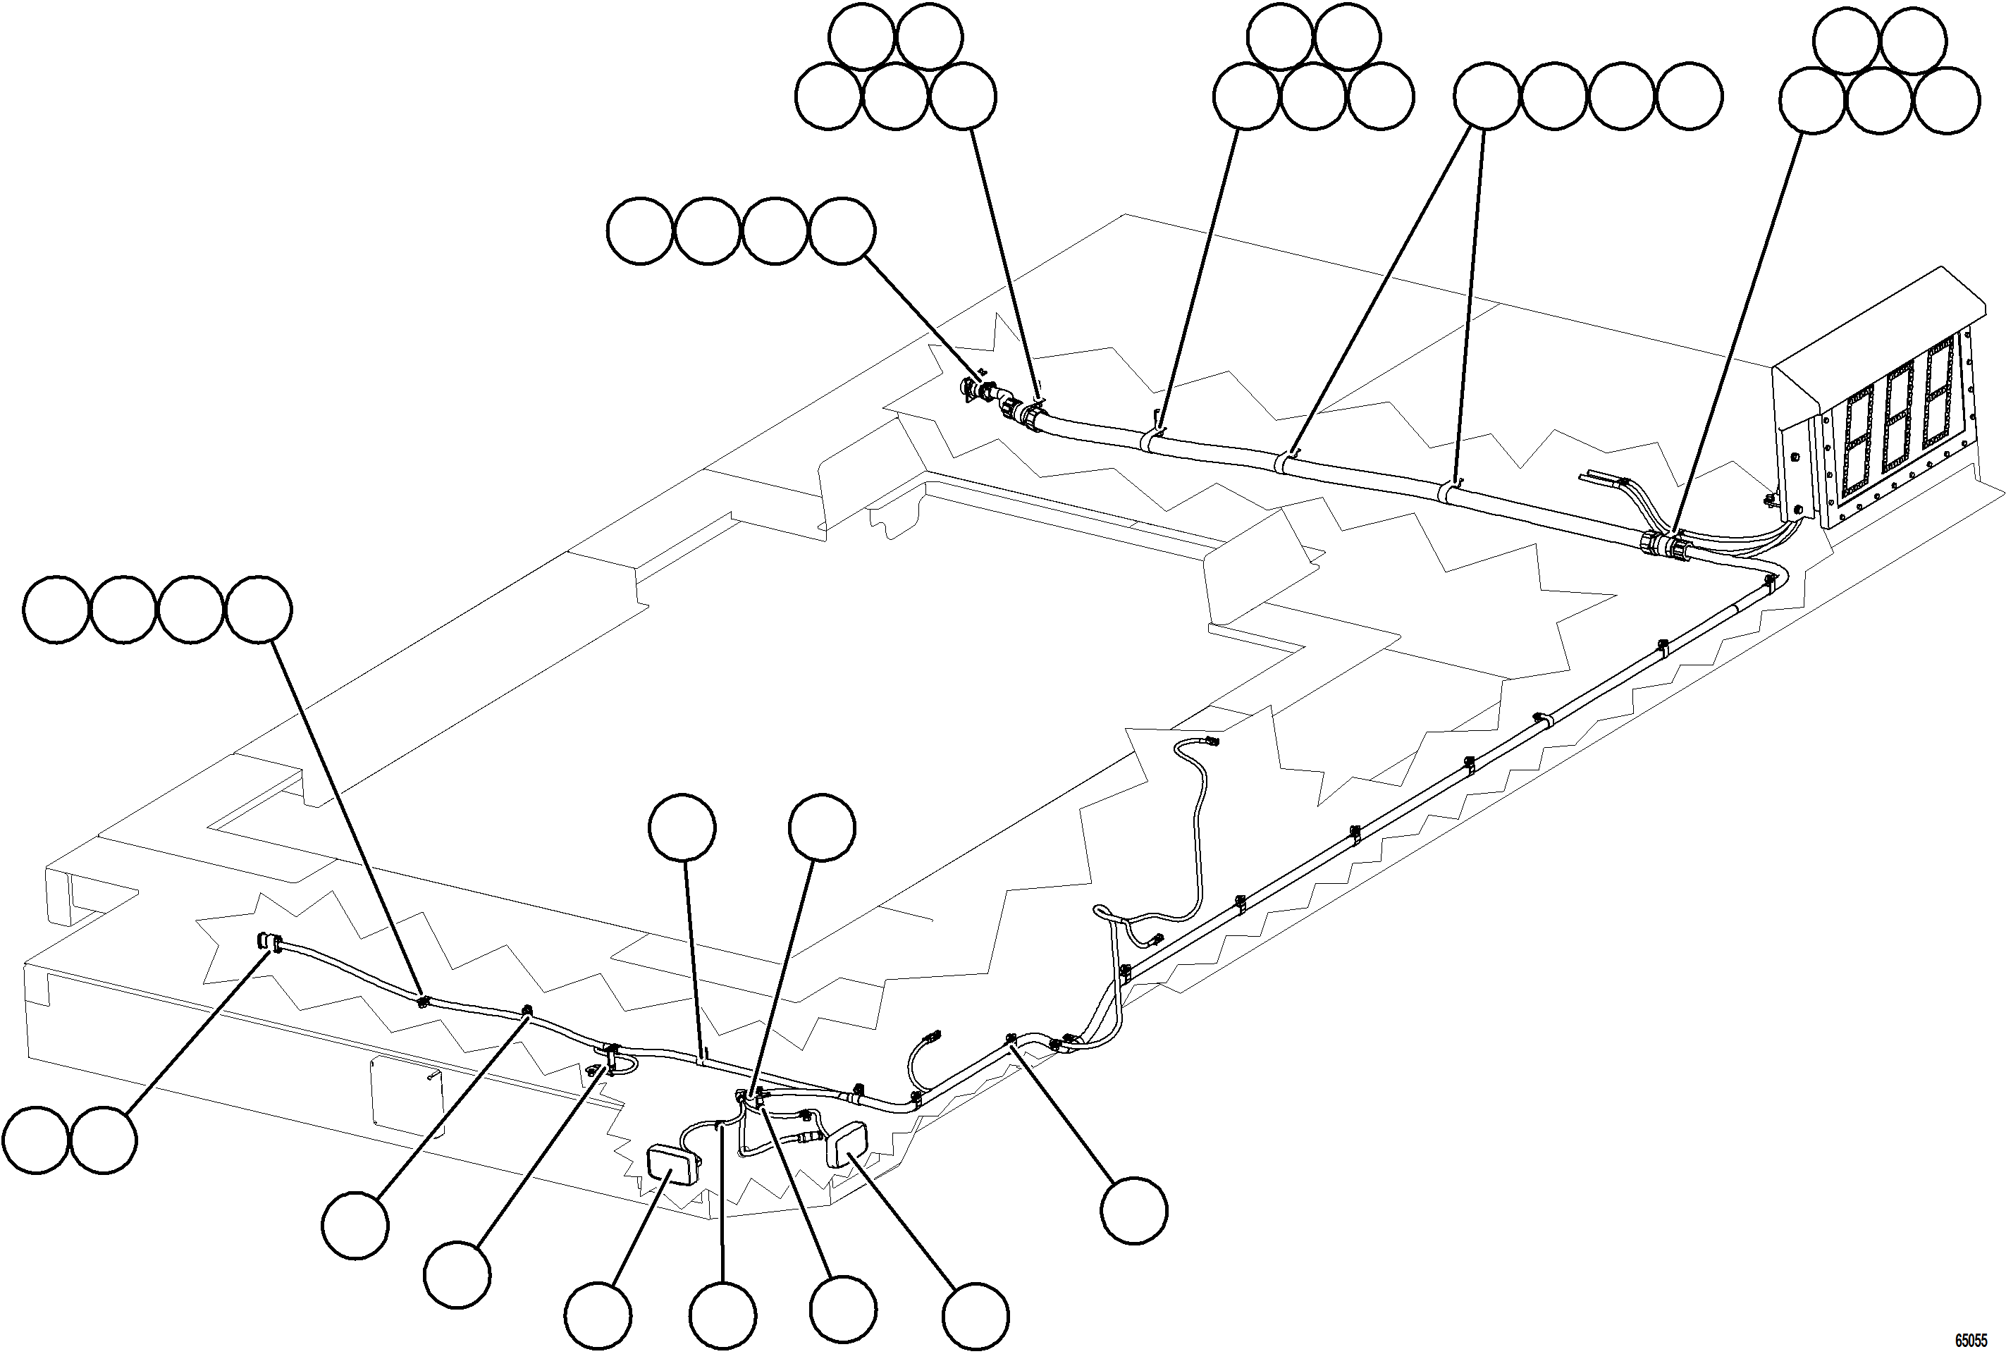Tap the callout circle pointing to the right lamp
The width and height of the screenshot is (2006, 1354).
(975, 1317)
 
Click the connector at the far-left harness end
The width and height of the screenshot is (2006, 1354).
(269, 942)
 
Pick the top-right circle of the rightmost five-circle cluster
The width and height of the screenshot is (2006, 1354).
(1913, 41)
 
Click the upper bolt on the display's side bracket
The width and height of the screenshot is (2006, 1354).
(1794, 457)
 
